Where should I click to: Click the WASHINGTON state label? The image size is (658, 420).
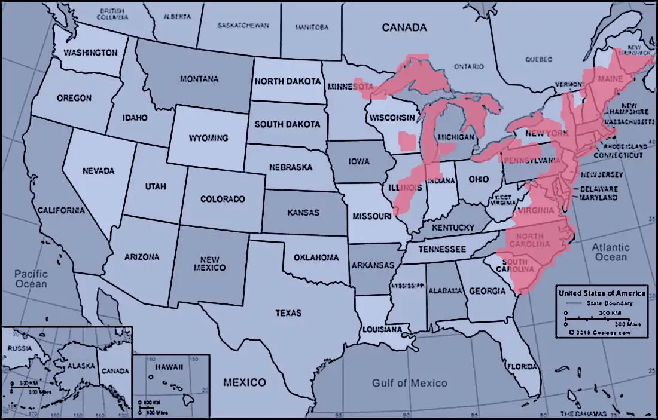(x=91, y=53)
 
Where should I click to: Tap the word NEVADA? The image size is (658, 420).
(x=99, y=171)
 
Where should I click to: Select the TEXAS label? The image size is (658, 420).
(x=288, y=313)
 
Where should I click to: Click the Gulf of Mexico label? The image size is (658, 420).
(x=409, y=383)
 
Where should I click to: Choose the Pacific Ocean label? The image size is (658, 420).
(x=32, y=278)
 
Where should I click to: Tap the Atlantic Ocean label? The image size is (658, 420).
(x=611, y=252)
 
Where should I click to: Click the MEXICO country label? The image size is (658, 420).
(x=244, y=382)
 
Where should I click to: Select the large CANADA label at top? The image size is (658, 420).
(x=404, y=27)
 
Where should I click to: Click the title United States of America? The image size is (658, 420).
(x=601, y=293)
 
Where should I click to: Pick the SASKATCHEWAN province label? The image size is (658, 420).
(x=243, y=26)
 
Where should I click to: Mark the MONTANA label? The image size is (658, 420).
(x=199, y=79)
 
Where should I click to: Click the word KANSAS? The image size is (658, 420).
(x=303, y=212)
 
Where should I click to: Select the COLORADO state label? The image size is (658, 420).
(x=223, y=198)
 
